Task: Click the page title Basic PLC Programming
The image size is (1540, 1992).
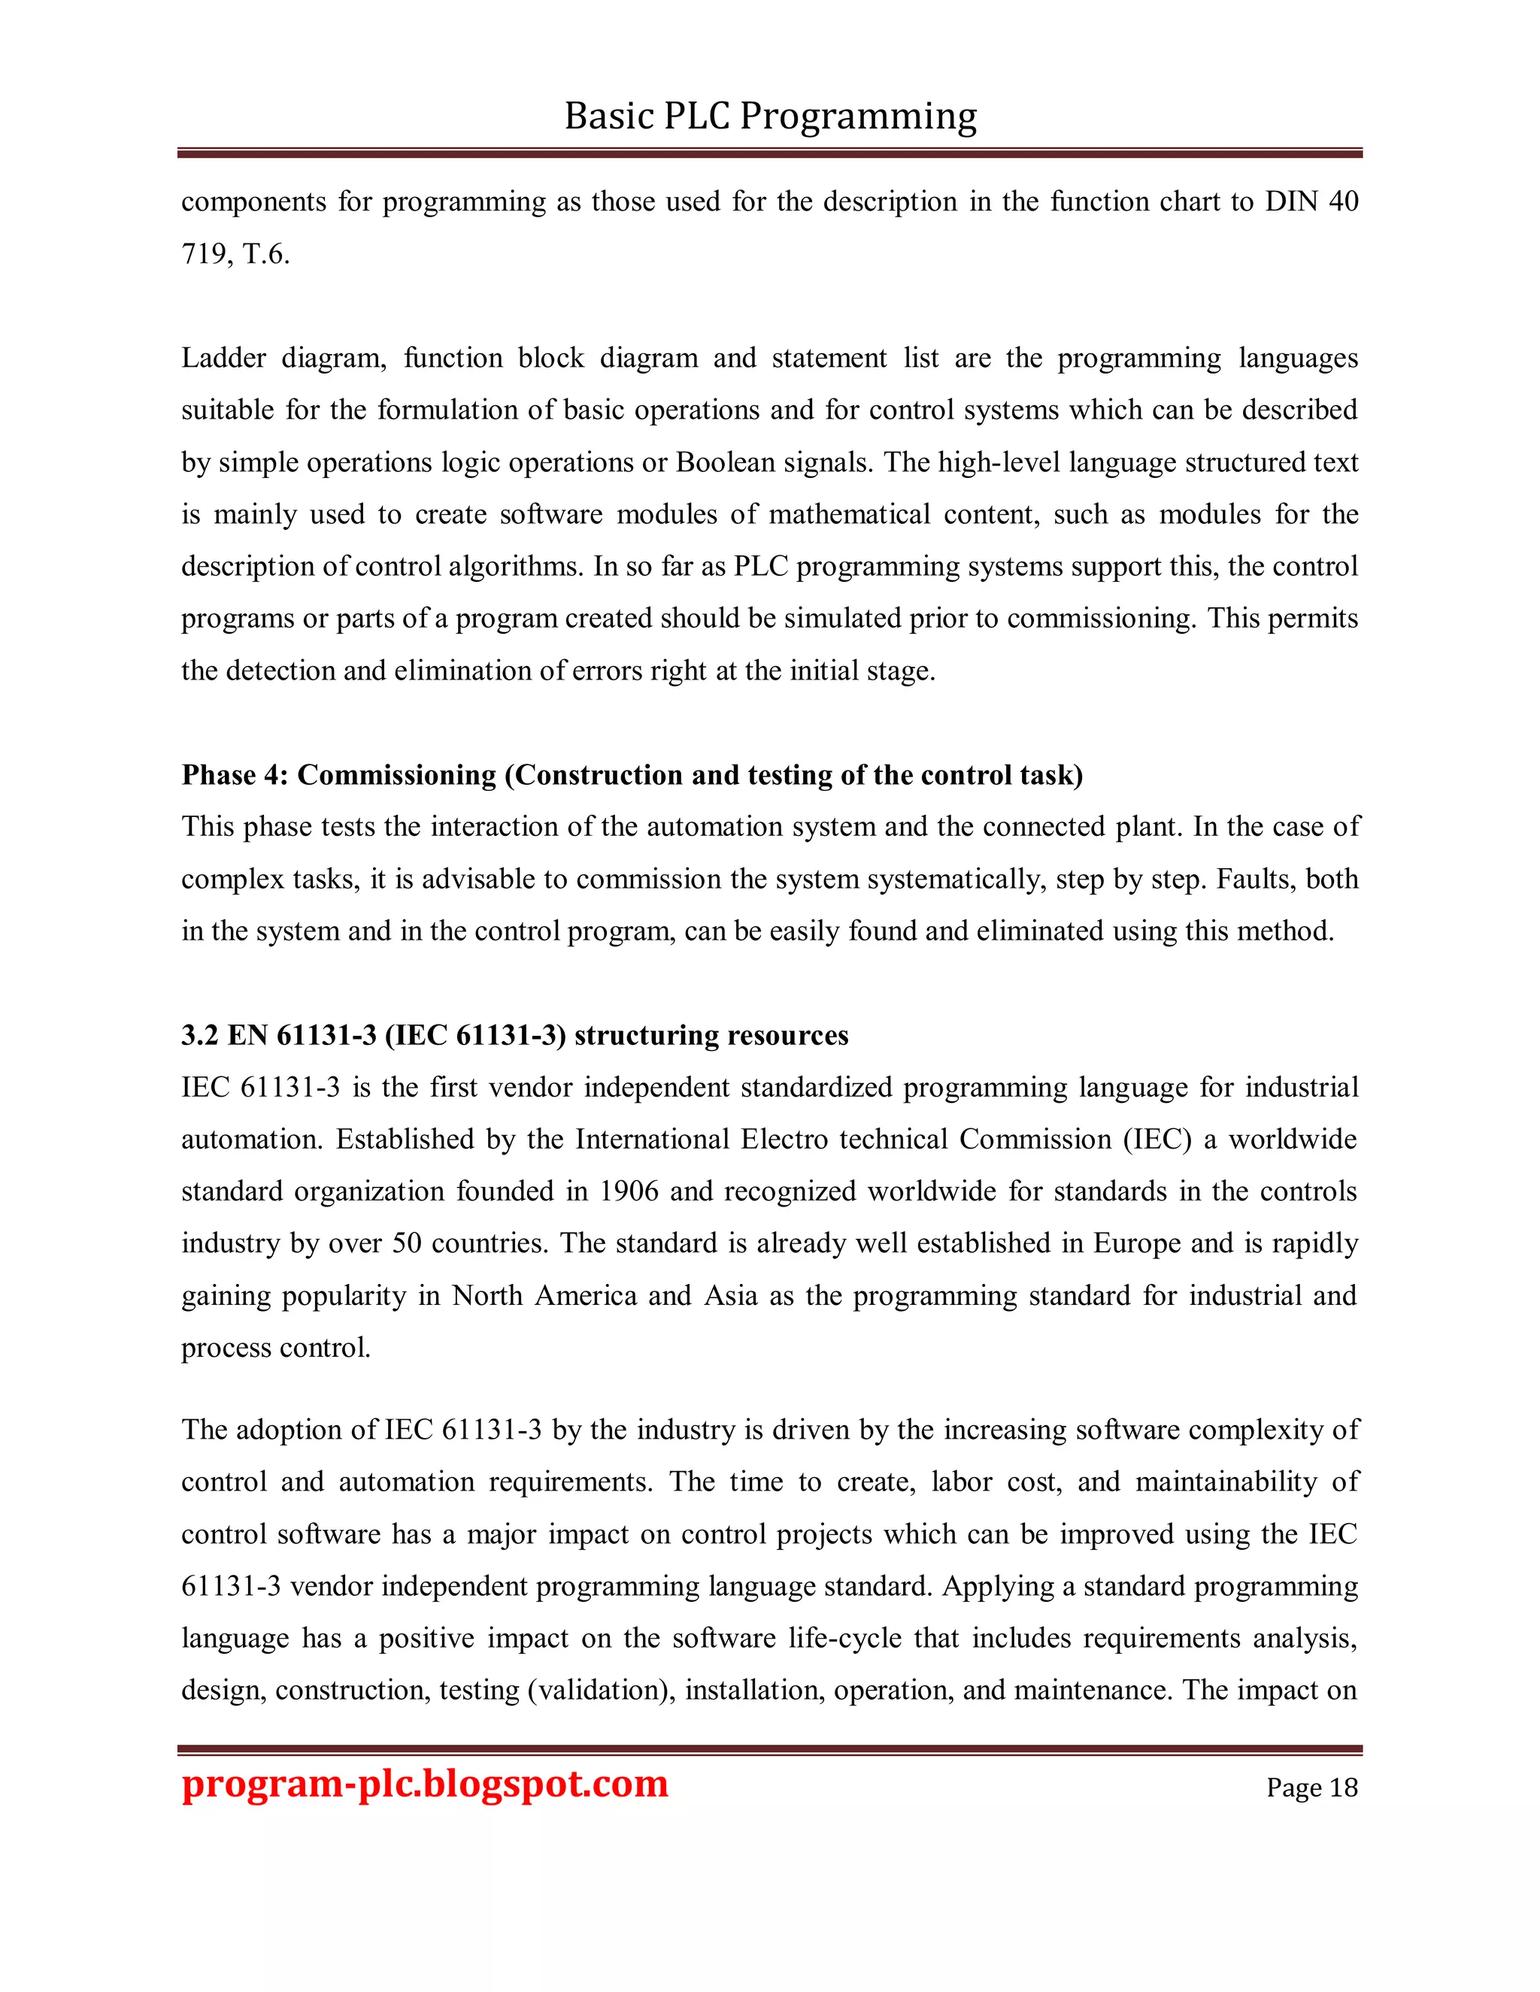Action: coord(770,117)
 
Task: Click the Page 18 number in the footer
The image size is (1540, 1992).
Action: coord(1311,1787)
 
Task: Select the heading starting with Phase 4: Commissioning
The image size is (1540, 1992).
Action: coord(632,774)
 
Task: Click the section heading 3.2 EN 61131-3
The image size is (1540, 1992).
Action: coord(514,1035)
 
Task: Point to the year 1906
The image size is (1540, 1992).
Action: coord(629,1191)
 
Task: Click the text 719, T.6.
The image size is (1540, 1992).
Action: coord(235,253)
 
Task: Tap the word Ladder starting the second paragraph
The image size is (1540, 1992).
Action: coord(223,358)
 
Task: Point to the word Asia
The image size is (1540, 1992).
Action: coord(730,1295)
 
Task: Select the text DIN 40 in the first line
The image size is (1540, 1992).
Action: coord(1311,201)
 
